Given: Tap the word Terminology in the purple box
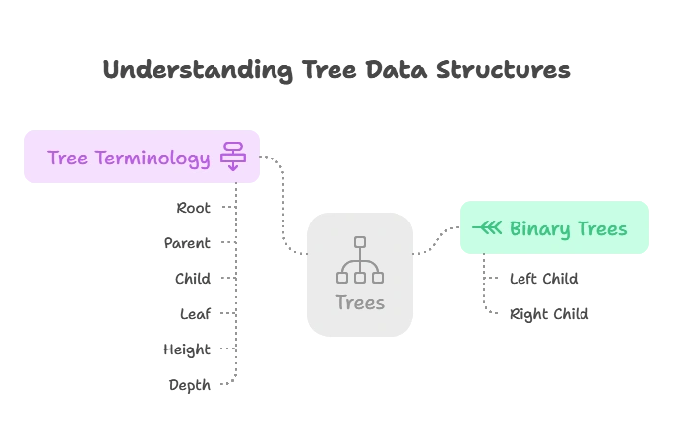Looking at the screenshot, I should [153, 159].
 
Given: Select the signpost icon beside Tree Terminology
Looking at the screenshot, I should [233, 156].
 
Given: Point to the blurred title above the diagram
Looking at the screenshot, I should [336, 69].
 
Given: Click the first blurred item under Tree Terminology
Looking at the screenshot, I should [193, 209].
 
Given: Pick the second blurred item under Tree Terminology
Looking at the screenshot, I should [186, 244].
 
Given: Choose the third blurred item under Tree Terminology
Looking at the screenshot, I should [192, 280].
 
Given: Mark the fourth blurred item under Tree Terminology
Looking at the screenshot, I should [192, 315].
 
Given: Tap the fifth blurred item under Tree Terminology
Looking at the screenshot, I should [185, 349].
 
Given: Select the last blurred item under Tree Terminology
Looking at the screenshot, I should [189, 385].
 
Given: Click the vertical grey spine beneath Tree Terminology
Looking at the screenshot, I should [236, 295].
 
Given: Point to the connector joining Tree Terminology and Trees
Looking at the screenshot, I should [284, 207].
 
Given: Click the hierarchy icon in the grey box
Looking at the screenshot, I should [359, 260].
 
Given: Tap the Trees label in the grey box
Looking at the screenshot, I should [359, 302].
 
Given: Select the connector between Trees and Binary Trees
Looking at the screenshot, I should [433, 242].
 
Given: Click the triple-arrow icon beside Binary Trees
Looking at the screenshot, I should [487, 228].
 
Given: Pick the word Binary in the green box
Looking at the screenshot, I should [539, 228].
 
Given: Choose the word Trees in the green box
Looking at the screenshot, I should [601, 228].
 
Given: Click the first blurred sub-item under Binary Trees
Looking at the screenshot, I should [543, 281].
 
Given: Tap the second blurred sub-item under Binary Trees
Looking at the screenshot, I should [547, 315].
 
